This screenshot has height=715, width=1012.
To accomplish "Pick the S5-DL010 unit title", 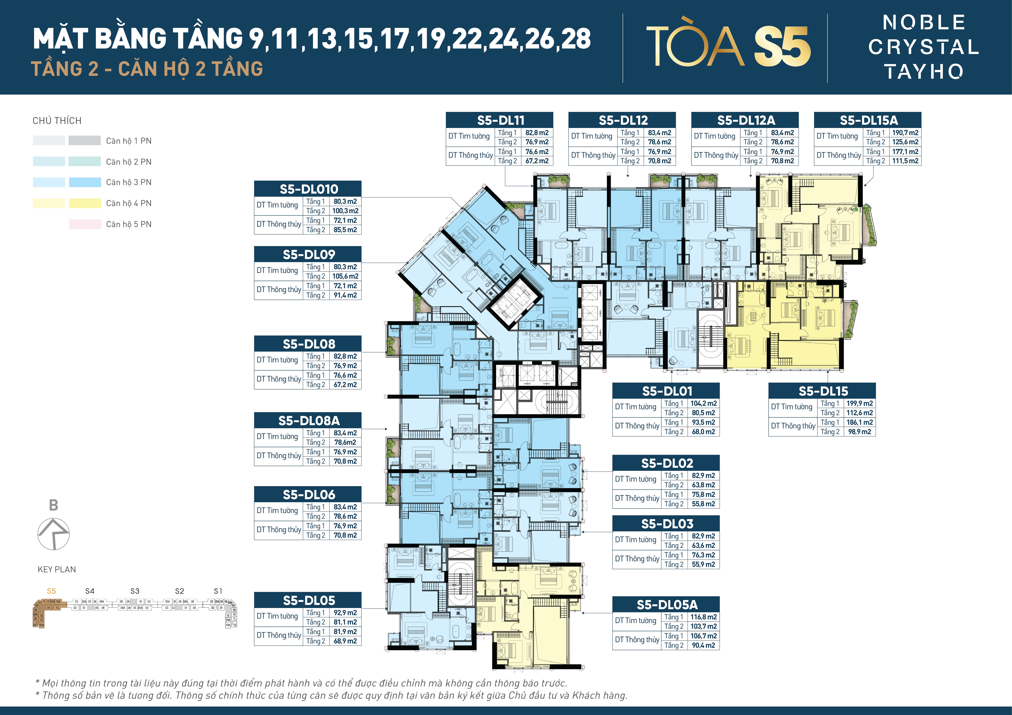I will pos(308,189).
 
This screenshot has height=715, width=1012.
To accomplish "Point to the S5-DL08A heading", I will pos(308,420).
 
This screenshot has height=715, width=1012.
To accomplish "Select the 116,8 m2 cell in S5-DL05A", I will pos(703,617).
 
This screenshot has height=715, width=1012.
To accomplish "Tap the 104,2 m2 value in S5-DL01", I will pos(703,403).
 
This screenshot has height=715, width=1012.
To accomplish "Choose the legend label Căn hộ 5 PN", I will pos(129,224).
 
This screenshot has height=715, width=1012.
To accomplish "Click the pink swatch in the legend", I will pos(85,224).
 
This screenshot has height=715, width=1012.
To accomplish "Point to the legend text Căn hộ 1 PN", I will pos(129,141).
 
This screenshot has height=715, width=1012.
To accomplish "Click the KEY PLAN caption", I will pos(57,569).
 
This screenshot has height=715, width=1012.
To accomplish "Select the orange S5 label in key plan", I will pos(52,591).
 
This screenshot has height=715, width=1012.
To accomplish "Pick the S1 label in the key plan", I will pos(218,591).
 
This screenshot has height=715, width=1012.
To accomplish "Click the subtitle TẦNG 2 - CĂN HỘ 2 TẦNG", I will pos(147,69).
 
